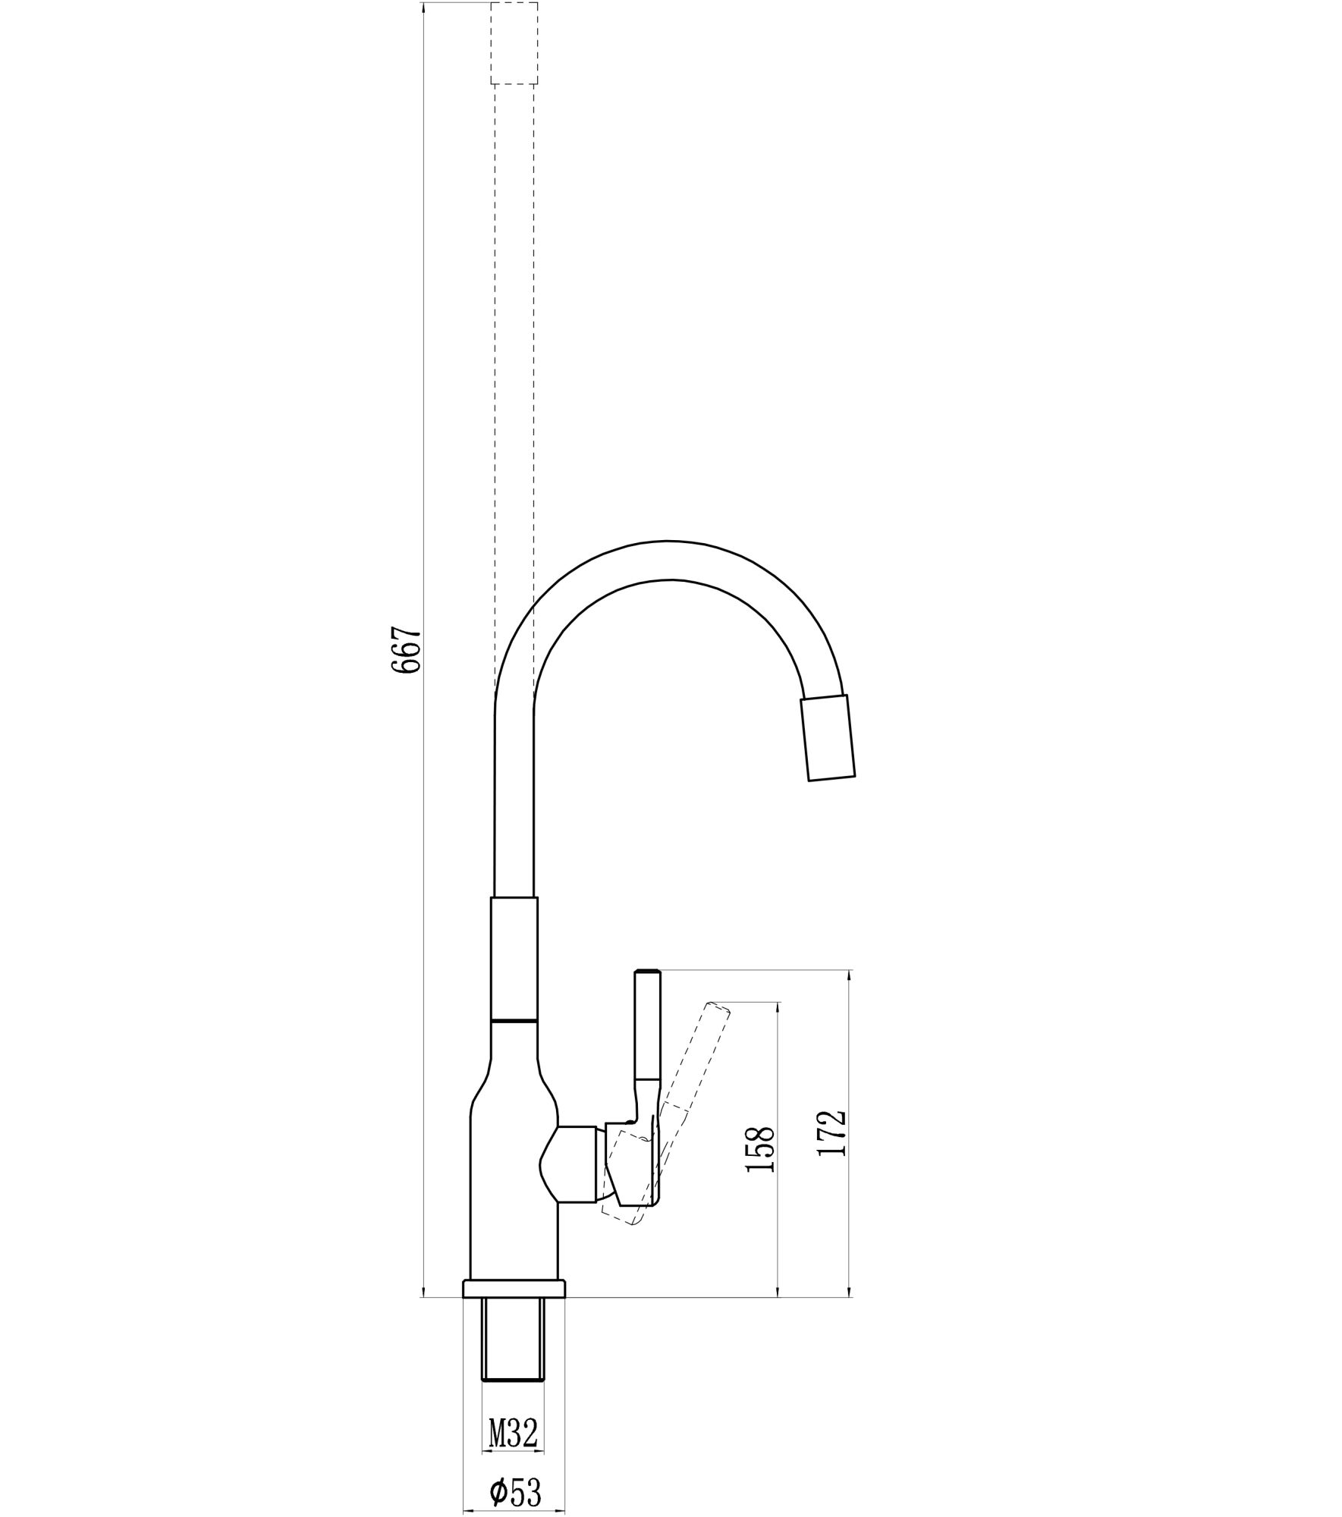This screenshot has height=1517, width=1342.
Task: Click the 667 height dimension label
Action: click(406, 650)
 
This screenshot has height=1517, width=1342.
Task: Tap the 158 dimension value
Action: click(760, 1149)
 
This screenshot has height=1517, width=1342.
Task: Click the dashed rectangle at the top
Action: click(514, 43)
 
